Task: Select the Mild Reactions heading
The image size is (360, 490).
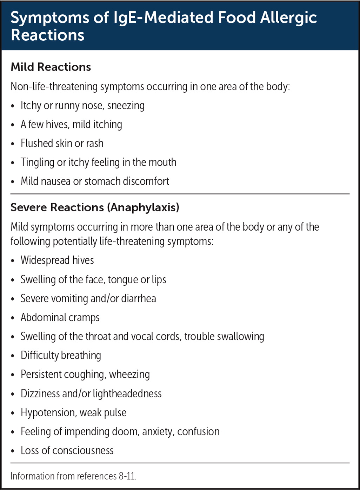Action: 51,67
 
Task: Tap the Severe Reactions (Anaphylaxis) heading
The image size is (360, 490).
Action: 95,207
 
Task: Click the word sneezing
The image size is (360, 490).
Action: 126,106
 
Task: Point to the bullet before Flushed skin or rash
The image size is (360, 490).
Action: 13,144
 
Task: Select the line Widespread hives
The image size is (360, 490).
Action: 57,260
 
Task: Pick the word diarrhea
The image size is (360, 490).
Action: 139,299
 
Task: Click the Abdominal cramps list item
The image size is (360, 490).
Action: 60,318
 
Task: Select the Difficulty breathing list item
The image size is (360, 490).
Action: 61,356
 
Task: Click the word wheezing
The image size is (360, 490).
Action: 129,375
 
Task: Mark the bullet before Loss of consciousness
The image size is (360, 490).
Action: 13,451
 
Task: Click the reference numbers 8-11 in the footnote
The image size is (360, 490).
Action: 127,476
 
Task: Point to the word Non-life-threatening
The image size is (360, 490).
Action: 54,87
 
